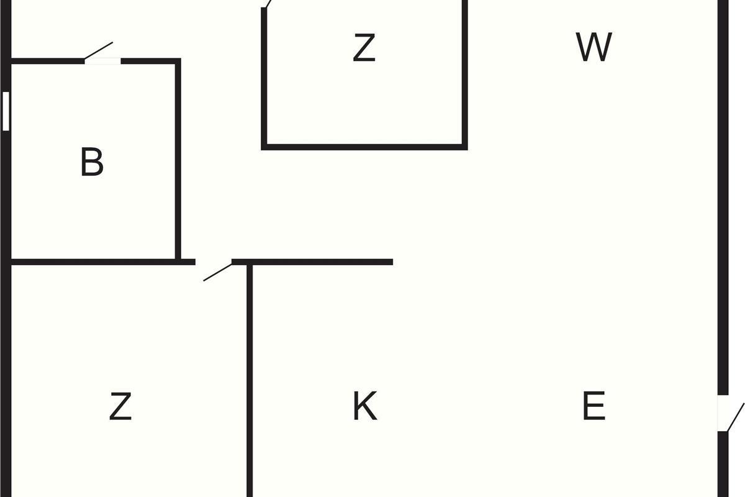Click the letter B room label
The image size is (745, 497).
[92, 162]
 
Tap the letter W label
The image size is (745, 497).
[594, 47]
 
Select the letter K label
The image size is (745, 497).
[365, 406]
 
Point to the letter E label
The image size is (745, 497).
[594, 406]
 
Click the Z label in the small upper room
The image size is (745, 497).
[364, 47]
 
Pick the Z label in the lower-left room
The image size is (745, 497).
[120, 406]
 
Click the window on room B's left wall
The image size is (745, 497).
[6, 111]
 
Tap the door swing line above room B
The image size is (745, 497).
[99, 50]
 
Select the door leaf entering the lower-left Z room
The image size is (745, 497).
[218, 272]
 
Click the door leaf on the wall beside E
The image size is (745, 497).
[736, 417]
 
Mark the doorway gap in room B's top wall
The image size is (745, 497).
[103, 61]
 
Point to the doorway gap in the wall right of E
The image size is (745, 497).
[723, 413]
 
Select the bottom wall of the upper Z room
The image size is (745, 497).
[364, 147]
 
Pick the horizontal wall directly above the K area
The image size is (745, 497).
[312, 262]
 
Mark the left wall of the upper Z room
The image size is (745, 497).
[264, 78]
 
